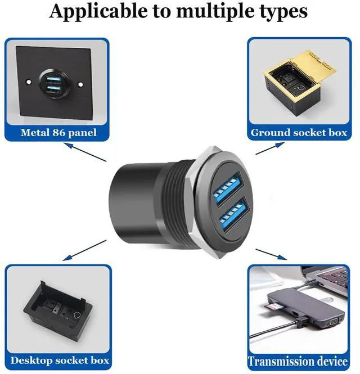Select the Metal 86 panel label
point(58,133)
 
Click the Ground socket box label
point(299,133)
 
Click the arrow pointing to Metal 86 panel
point(85,152)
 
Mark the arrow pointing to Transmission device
point(271,254)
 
